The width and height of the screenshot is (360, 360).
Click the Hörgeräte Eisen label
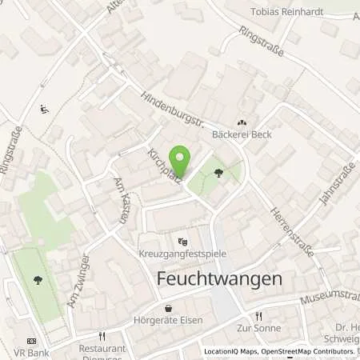(x=170, y=322)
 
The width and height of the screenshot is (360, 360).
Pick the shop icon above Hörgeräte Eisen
(x=168, y=309)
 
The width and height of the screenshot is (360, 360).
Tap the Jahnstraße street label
(x=330, y=182)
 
